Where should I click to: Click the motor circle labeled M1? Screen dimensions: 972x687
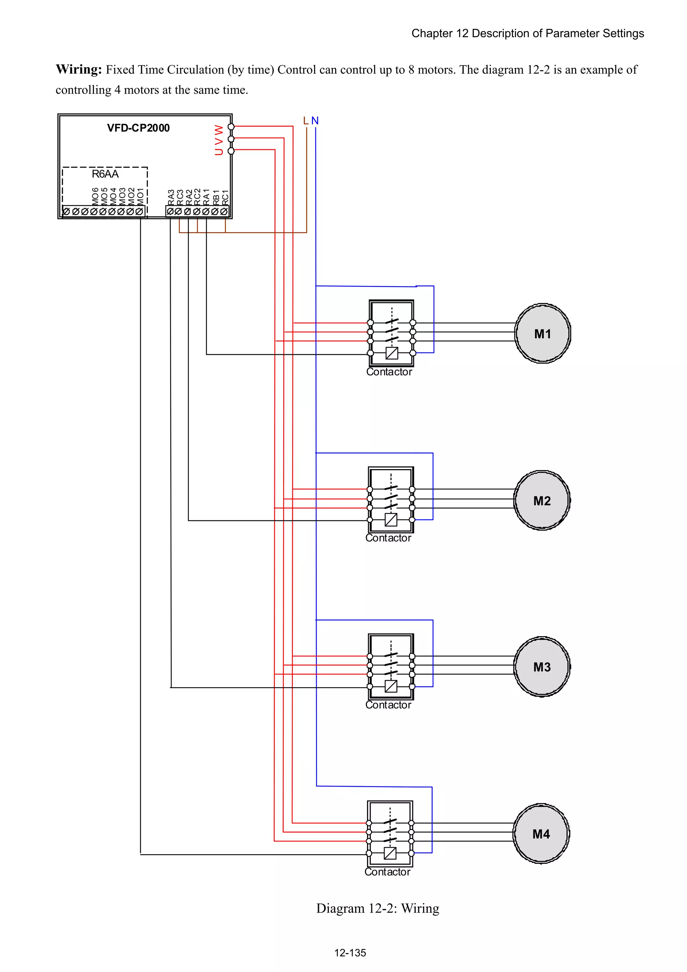point(542,333)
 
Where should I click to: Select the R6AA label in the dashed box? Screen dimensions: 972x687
point(105,174)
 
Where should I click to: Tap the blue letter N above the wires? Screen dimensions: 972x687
point(315,121)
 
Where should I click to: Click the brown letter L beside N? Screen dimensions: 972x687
point(306,121)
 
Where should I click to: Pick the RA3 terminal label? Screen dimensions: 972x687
point(171,197)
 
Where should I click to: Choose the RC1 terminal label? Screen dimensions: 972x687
point(225,197)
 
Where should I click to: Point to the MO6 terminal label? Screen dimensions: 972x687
point(95,196)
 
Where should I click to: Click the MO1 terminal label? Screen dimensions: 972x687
point(140,196)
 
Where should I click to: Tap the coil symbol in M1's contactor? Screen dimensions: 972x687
point(392,353)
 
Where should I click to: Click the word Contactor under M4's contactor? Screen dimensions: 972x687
point(387,872)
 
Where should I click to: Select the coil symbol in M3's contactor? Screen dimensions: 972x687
point(391,686)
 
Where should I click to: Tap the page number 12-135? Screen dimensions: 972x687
point(350,953)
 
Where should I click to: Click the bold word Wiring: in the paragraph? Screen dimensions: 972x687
point(79,69)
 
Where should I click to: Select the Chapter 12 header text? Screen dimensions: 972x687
point(527,34)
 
